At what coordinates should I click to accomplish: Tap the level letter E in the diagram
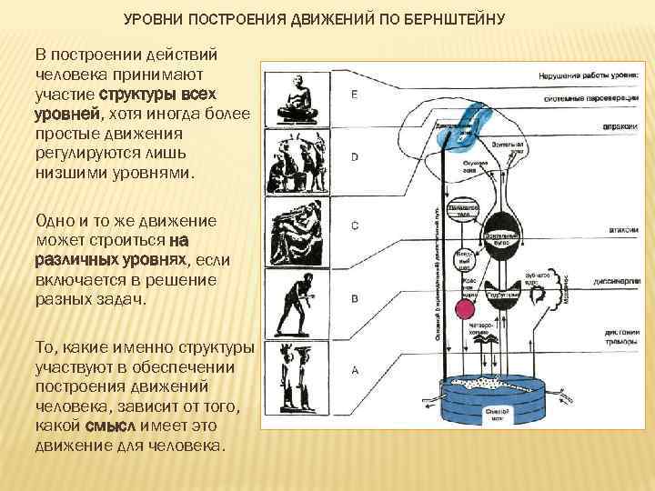tap(354, 95)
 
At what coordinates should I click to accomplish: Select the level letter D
tap(354, 156)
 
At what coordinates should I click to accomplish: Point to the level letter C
tap(354, 225)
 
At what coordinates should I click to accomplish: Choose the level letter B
tap(354, 297)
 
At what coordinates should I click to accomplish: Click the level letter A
tap(354, 369)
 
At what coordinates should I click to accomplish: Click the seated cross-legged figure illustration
tap(295, 99)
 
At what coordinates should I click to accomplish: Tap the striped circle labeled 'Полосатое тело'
tap(466, 210)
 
